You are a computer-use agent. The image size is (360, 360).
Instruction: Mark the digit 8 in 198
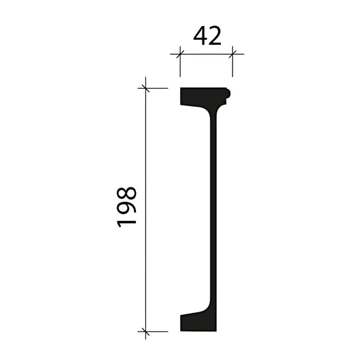point(127,191)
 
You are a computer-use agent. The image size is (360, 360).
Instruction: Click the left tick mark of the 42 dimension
point(180,54)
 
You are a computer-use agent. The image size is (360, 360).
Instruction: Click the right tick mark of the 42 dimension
point(232,54)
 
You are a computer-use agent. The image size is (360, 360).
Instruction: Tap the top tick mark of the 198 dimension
point(146,88)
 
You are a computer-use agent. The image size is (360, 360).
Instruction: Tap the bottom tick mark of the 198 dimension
point(146,331)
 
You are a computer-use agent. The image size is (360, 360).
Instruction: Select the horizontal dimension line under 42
point(206,54)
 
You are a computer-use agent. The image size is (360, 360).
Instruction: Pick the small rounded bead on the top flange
point(228,94)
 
